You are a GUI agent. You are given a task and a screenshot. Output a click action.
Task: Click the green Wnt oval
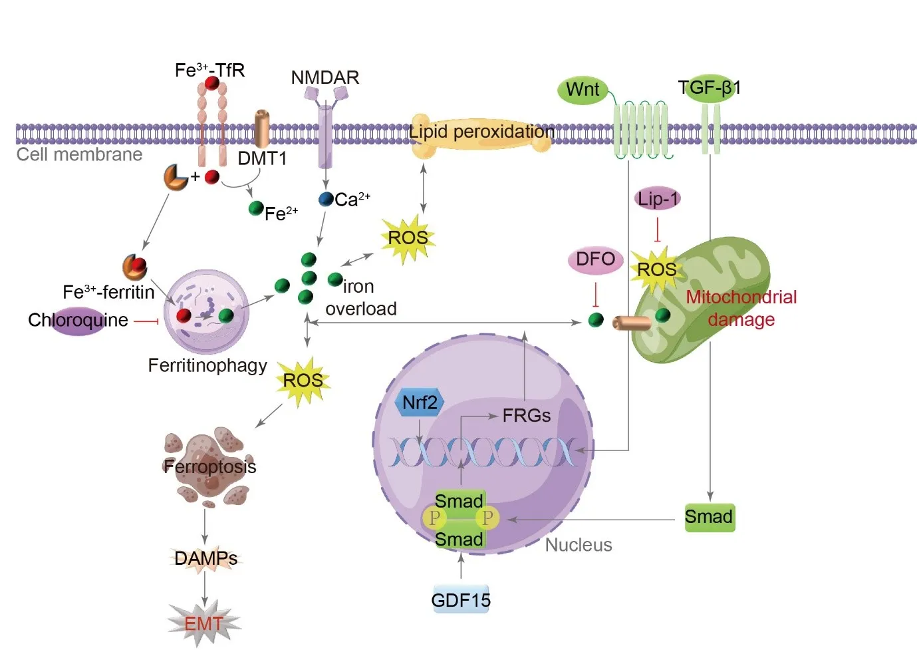pos(583,90)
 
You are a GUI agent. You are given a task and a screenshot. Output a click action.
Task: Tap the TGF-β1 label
pos(710,87)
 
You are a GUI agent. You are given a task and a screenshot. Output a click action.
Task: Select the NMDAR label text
pos(325,77)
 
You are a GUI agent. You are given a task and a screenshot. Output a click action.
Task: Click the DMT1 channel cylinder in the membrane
pos(263,129)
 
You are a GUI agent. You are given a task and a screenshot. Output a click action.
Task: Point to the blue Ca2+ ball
pos(326,199)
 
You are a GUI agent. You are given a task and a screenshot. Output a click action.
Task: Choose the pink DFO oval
pos(595,259)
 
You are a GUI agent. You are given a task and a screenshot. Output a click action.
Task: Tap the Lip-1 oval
pos(658,198)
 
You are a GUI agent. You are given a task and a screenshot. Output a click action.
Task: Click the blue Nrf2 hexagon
pos(420,403)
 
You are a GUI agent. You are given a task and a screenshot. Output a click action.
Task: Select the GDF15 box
pos(461,600)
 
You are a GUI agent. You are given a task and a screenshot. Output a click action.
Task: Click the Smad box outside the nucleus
pos(710,517)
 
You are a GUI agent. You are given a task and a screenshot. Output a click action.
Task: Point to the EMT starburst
pos(204,624)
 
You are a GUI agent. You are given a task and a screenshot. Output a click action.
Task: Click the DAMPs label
pos(205,558)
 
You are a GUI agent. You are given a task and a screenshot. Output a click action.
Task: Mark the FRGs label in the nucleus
pos(526,416)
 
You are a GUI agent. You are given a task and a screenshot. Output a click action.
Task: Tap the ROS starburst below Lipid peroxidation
pos(408,238)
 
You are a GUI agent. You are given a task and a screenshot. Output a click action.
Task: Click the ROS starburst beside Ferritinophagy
pos(303,381)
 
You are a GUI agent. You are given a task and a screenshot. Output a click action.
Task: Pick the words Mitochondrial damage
pos(741,308)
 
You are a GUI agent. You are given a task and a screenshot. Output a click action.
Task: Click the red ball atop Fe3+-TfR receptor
pos(212,83)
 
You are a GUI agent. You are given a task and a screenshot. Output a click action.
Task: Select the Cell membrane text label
pos(79,154)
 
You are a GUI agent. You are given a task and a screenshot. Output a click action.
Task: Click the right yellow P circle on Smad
pos(487,518)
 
